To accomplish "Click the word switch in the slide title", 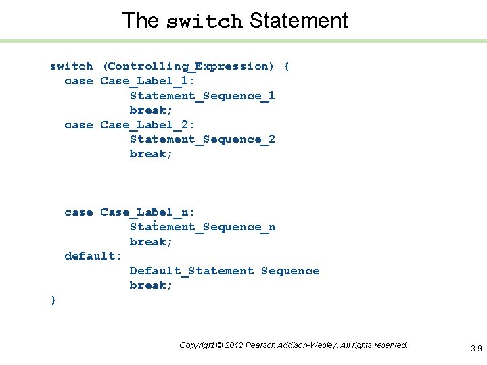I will pyautogui.click(x=204, y=22).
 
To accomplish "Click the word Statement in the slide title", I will pyautogui.click(x=298, y=20).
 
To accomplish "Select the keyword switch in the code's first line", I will pyautogui.click(x=72, y=66).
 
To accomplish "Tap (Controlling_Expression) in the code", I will pyautogui.click(x=189, y=66).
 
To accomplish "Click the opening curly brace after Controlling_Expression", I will pyautogui.click(x=287, y=66).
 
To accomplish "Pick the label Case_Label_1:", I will pyautogui.click(x=147, y=81).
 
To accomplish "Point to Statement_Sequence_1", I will pyautogui.click(x=202, y=96).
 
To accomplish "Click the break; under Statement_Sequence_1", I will pyautogui.click(x=152, y=110).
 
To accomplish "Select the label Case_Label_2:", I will pyautogui.click(x=147, y=125).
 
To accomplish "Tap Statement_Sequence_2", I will pyautogui.click(x=202, y=139).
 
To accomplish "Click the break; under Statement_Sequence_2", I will pyautogui.click(x=152, y=154).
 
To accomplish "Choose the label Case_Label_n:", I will pyautogui.click(x=147, y=212).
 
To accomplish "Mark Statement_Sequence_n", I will pyautogui.click(x=202, y=227).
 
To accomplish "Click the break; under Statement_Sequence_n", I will pyautogui.click(x=152, y=242).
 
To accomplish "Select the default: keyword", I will pyautogui.click(x=93, y=256).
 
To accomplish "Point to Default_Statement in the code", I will pyautogui.click(x=191, y=271).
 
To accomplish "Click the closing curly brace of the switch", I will pyautogui.click(x=53, y=299).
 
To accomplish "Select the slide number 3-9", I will pyautogui.click(x=476, y=349).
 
